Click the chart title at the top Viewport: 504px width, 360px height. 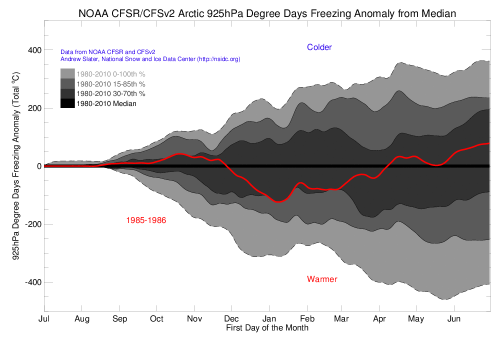267,13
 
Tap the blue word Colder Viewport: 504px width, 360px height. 319,47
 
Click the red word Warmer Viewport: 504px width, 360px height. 322,279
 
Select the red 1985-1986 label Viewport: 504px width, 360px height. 146,219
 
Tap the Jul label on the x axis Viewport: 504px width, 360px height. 44,318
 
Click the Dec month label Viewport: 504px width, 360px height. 231,318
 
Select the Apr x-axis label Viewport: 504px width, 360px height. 379,318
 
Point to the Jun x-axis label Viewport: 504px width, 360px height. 454,318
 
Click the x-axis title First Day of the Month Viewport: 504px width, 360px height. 267,328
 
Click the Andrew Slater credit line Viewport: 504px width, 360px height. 150,59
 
